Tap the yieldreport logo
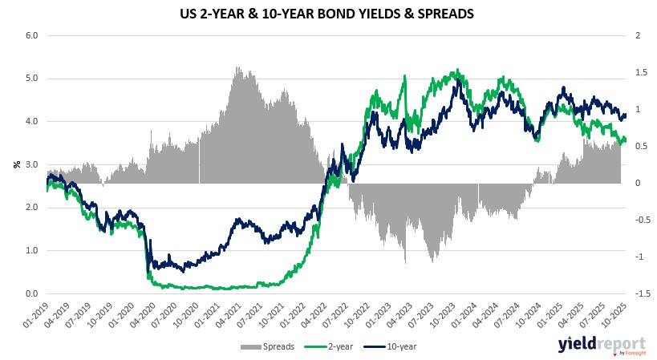coord(598,346)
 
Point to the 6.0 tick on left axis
coord(32,36)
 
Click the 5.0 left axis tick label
coord(32,79)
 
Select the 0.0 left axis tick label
coord(32,293)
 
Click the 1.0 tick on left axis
coord(32,250)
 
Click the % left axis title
coord(15,164)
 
